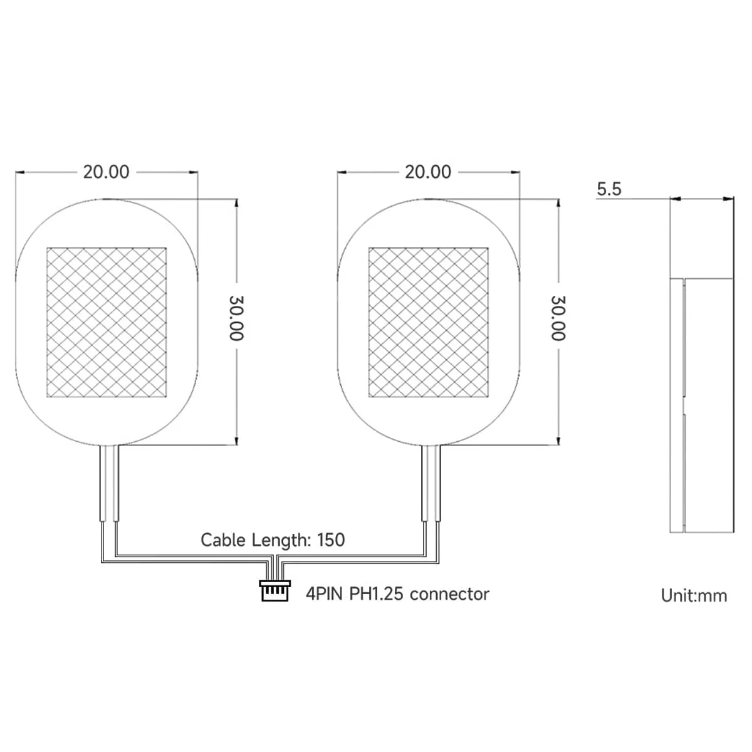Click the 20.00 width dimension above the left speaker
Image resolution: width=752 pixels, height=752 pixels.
coord(106,172)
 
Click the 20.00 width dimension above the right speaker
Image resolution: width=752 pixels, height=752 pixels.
coord(428,172)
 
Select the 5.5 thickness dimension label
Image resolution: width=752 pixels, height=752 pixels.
coord(608,189)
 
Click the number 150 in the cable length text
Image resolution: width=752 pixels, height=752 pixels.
coord(331,540)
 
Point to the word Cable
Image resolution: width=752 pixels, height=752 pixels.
coord(223,540)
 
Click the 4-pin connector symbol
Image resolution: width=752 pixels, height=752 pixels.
coord(275,590)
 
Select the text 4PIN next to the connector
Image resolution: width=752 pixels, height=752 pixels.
coord(324,593)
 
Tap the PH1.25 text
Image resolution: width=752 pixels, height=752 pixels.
coord(375,593)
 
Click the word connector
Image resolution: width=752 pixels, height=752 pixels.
coord(449,593)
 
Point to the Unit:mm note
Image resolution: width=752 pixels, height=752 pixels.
coord(694,595)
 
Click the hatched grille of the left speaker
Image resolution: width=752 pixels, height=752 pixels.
coord(107,322)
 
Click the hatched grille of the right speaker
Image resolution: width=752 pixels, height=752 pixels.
coord(428,322)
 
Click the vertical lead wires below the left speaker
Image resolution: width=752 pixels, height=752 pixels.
coord(108,483)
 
